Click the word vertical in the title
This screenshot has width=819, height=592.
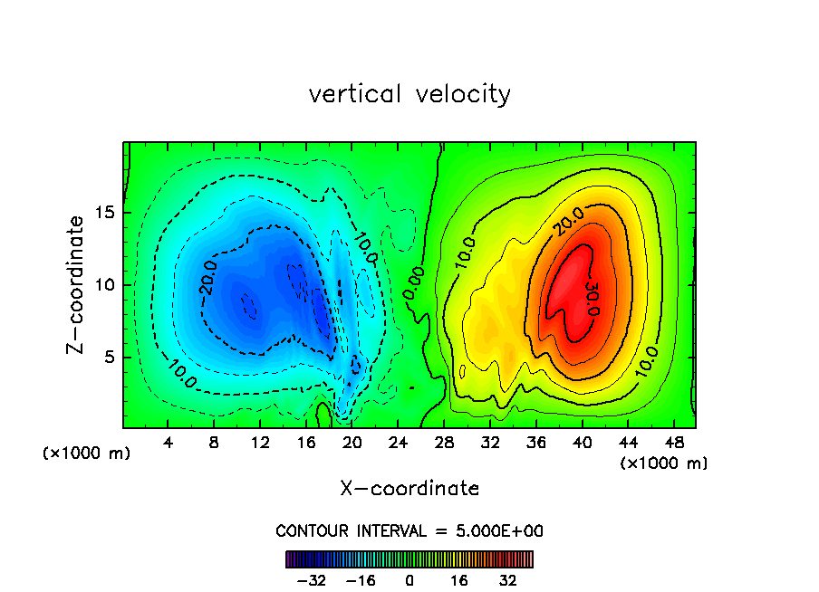click(x=349, y=94)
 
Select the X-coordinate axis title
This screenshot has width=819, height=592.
click(x=409, y=489)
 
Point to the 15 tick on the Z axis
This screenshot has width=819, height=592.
click(x=105, y=213)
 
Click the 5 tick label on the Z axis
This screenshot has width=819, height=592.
click(x=110, y=357)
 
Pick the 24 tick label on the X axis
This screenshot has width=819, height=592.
click(x=398, y=443)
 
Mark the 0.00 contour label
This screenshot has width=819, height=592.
click(x=413, y=282)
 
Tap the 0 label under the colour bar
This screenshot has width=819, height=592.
click(x=409, y=580)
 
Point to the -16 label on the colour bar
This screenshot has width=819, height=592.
click(x=361, y=580)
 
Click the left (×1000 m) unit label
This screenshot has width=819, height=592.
click(x=87, y=454)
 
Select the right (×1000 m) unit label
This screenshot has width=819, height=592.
click(x=664, y=463)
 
